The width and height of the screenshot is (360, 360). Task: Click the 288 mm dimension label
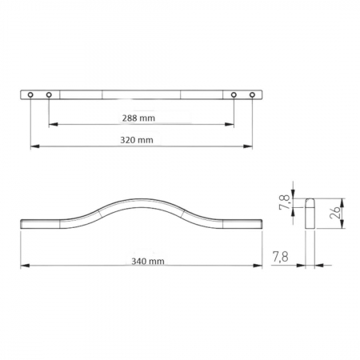click(x=141, y=118)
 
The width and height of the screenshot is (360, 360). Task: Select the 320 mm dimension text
click(x=141, y=139)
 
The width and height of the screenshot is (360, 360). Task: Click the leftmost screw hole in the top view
click(x=30, y=95)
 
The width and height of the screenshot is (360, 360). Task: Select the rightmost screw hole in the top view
click(x=252, y=95)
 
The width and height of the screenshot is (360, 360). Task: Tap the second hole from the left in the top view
click(x=49, y=95)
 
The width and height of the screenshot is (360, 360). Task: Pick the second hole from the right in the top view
click(x=234, y=95)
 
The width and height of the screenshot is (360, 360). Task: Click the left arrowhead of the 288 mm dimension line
click(x=52, y=125)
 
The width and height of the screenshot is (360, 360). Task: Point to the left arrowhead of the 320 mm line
click(x=34, y=146)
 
